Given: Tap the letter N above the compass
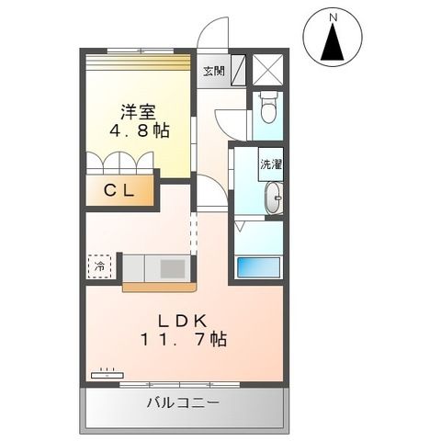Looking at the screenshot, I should click(x=332, y=16).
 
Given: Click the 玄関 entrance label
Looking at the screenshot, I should click(x=213, y=71).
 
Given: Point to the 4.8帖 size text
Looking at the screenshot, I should click(x=141, y=132).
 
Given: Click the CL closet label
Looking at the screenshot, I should click(x=119, y=191).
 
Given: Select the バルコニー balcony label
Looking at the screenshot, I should click(x=182, y=403).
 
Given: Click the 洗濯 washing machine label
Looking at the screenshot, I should click(x=270, y=165).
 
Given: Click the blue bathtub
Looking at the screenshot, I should click(x=258, y=266).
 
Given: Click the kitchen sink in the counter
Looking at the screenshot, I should click(x=172, y=267).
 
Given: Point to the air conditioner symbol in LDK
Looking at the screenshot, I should click(x=107, y=373).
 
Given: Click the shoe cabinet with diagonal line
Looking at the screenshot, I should click(x=239, y=70).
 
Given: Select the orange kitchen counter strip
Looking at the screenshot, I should click(x=158, y=287).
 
